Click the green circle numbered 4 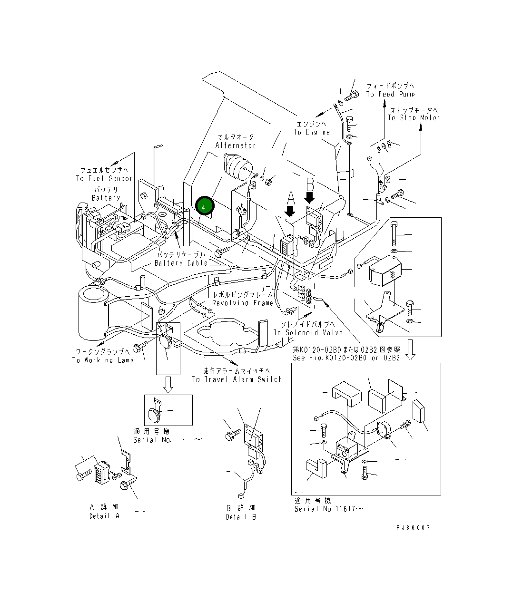pyautogui.click(x=204, y=207)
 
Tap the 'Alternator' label pyautogui.click(x=235, y=145)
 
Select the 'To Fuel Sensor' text pyautogui.click(x=104, y=178)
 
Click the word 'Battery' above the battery pyautogui.click(x=106, y=198)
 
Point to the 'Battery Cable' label pyautogui.click(x=181, y=263)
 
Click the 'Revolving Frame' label pyautogui.click(x=243, y=303)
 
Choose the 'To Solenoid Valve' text pyautogui.click(x=307, y=332)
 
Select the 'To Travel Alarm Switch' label pyautogui.click(x=237, y=379)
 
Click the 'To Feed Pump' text pyautogui.click(x=390, y=94)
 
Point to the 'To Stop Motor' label pyautogui.click(x=414, y=117)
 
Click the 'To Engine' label pyautogui.click(x=311, y=132)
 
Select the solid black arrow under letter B pyautogui.click(x=310, y=196)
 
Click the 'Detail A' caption pyautogui.click(x=104, y=516)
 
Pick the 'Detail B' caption pyautogui.click(x=241, y=517)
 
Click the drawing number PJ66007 pyautogui.click(x=413, y=528)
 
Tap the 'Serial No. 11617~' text pyautogui.click(x=328, y=509)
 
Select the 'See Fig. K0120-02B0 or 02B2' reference pyautogui.click(x=346, y=358)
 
